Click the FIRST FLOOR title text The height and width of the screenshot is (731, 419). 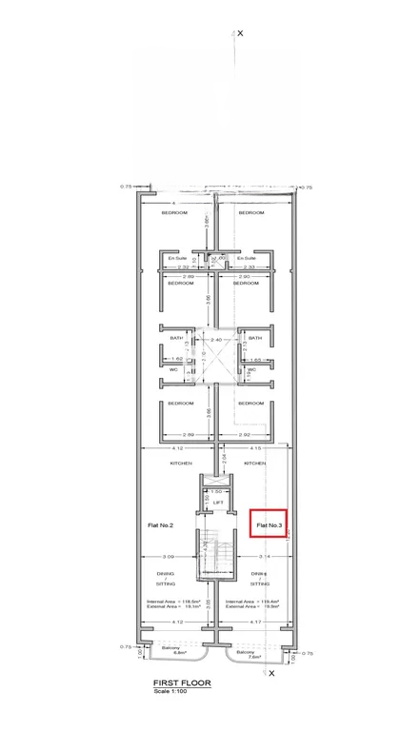[182, 683]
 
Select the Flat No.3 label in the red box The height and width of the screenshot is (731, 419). [268, 524]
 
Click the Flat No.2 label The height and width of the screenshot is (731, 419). [160, 524]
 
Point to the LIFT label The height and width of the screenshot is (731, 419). [217, 502]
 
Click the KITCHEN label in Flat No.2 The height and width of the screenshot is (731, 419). [181, 463]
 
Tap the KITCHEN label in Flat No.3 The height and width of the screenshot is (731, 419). [254, 463]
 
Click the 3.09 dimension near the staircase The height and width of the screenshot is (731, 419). [169, 556]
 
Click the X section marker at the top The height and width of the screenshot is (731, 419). [240, 32]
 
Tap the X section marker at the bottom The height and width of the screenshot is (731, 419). [271, 673]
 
